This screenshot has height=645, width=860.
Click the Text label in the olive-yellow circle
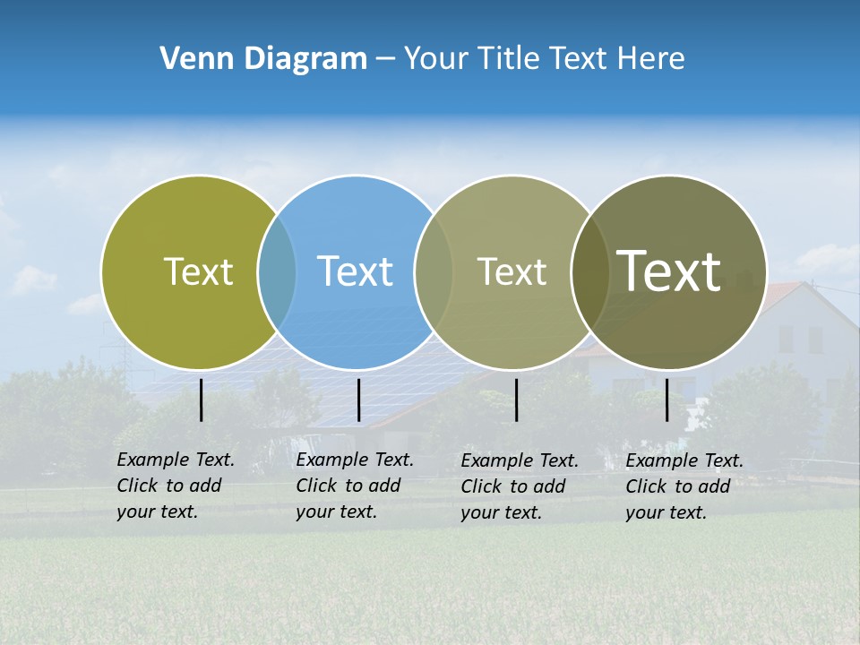click(198, 271)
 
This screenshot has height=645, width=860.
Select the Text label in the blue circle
click(355, 271)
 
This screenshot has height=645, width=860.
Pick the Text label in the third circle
click(512, 271)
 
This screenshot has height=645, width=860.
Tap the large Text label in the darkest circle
click(669, 271)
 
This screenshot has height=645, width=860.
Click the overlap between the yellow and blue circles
click(277, 272)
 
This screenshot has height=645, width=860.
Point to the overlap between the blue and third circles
click(434, 272)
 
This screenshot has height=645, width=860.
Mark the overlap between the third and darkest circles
click(589, 272)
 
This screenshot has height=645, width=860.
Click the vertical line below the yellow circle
click(202, 400)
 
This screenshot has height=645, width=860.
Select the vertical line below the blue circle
click(358, 400)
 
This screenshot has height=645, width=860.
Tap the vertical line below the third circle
click(517, 400)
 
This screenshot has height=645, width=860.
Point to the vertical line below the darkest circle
click(667, 400)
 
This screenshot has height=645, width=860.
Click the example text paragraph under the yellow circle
click(176, 486)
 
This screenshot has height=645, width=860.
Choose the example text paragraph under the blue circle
click(355, 486)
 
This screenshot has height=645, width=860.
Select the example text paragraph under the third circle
click(520, 486)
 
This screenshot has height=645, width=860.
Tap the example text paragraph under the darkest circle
click(684, 486)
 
